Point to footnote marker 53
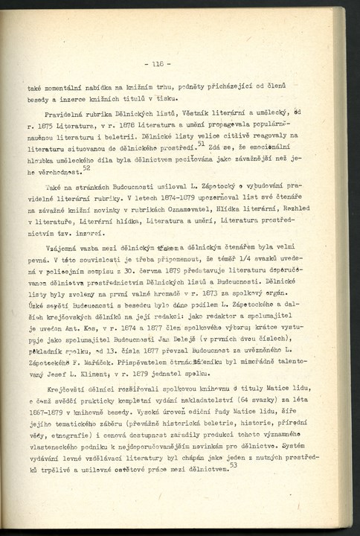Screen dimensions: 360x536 (234, 464)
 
